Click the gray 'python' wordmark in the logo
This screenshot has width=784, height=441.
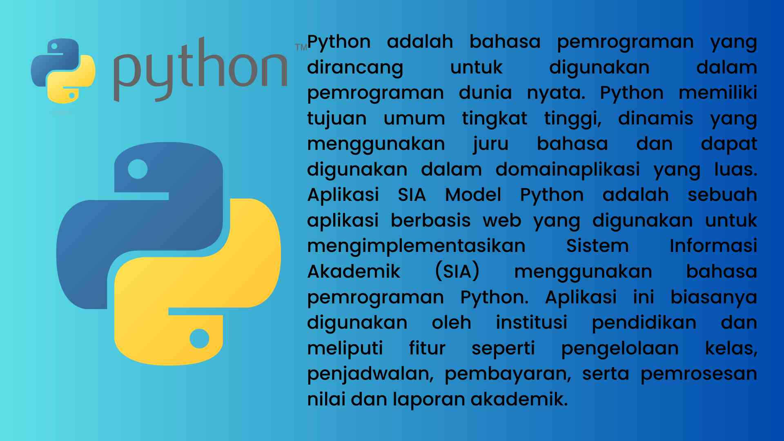click(x=200, y=69)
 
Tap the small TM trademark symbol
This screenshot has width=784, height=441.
click(x=301, y=47)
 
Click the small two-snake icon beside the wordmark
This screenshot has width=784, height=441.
click(x=63, y=71)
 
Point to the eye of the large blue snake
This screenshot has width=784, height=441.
click(x=138, y=169)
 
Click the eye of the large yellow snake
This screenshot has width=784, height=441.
click(x=199, y=339)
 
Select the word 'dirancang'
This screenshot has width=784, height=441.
click(x=355, y=68)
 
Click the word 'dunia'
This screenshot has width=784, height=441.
click(x=485, y=93)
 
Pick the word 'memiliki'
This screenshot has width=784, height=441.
click(x=718, y=93)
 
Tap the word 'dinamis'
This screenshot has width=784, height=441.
click(x=655, y=118)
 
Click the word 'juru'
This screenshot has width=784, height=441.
click(x=491, y=145)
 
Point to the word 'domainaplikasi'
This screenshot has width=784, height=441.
click(x=568, y=170)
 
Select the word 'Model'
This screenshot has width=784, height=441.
click(x=473, y=195)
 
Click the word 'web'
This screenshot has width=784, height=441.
click(x=502, y=221)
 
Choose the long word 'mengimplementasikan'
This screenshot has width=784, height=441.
click(x=416, y=247)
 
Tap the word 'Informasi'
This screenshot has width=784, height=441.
click(x=713, y=246)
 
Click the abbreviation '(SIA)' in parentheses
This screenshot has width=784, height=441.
click(x=457, y=272)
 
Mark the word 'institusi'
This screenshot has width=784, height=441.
click(x=532, y=323)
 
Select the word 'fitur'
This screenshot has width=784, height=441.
click(x=427, y=348)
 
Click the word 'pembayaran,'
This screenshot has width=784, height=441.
click(x=508, y=374)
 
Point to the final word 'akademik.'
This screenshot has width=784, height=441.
click(x=519, y=399)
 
